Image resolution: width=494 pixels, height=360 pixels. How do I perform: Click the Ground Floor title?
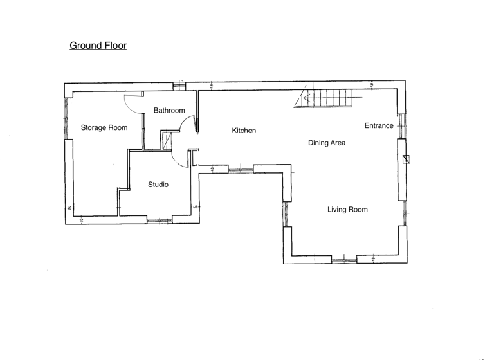point(98,46)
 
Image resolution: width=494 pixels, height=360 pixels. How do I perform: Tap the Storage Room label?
point(104,128)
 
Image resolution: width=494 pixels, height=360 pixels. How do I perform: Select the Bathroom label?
point(169,111)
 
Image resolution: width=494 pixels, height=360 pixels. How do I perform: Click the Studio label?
point(158,184)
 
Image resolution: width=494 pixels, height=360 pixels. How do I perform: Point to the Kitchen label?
point(244,130)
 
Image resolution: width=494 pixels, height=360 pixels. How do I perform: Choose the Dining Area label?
point(326,143)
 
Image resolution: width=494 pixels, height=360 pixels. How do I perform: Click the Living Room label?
point(347,210)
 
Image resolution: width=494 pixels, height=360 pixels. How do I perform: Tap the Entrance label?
point(378,126)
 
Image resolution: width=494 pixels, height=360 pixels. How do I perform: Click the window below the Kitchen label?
point(241,169)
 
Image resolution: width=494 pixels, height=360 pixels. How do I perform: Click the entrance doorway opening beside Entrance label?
point(401,126)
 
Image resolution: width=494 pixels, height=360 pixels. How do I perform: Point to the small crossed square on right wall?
point(405,160)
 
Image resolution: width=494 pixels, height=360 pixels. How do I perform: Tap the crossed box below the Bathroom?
point(168,140)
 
